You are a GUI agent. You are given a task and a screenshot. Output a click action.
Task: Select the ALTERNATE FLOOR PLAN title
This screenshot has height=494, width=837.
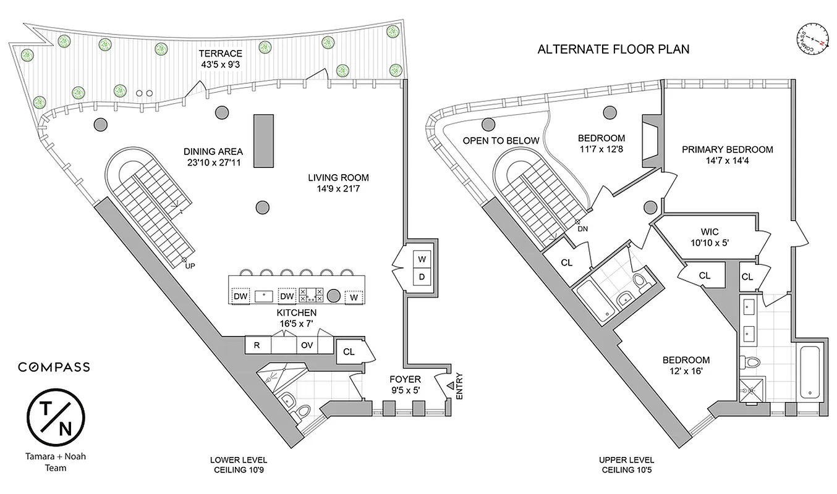click(613, 49)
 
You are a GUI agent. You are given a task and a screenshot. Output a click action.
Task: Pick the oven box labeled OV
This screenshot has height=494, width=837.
click(307, 345)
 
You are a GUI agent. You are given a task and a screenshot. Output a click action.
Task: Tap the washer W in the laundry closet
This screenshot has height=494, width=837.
click(422, 258)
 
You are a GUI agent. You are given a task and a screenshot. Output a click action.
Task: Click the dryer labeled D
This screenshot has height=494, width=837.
click(422, 276)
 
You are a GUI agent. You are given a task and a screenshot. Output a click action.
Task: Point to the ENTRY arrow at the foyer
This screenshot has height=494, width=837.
click(449, 385)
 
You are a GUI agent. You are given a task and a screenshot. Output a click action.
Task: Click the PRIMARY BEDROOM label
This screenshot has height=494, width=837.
click(727, 154)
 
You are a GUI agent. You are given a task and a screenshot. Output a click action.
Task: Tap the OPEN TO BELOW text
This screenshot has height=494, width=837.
click(501, 141)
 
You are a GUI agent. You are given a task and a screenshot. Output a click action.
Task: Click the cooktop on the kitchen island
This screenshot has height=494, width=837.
click(310, 296)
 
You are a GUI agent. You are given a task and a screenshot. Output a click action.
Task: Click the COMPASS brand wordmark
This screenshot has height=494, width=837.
click(54, 367)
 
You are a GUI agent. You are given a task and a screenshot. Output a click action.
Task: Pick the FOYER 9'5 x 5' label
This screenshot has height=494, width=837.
click(405, 384)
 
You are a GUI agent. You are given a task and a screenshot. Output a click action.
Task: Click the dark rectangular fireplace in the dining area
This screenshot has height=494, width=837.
click(263, 141)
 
